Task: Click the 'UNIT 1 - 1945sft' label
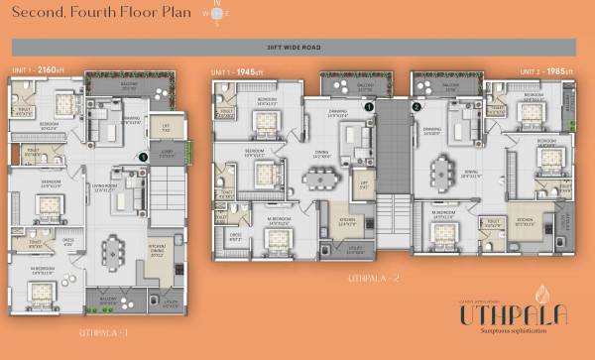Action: pyautogui.click(x=237, y=73)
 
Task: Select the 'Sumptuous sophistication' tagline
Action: pyautogui.click(x=512, y=336)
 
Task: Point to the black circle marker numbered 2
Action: pyautogui.click(x=416, y=106)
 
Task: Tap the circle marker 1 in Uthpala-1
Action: pyautogui.click(x=143, y=157)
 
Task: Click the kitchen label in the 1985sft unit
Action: pyautogui.click(x=526, y=224)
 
